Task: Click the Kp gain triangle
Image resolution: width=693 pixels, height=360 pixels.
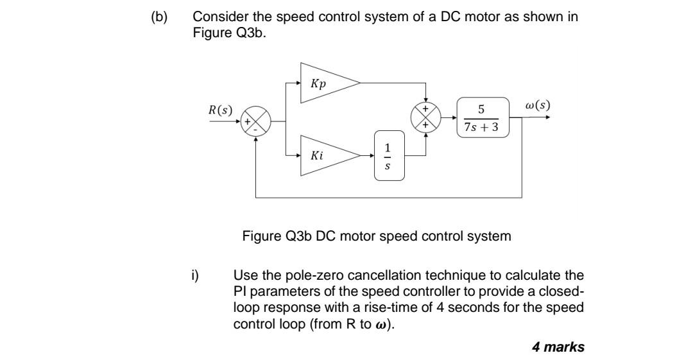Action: pos(324,83)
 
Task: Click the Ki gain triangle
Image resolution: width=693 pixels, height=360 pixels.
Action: pos(324,155)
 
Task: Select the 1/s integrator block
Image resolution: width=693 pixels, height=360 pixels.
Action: pos(390,155)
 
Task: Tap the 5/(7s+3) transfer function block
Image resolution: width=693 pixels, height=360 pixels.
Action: pos(483,118)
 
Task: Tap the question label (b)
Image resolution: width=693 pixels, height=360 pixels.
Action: pos(158,17)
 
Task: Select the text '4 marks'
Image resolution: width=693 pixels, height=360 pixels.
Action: pos(558,347)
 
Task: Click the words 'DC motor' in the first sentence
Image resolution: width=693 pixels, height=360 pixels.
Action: pos(466,17)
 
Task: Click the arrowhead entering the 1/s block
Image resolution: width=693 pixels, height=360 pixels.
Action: pos(372,155)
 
